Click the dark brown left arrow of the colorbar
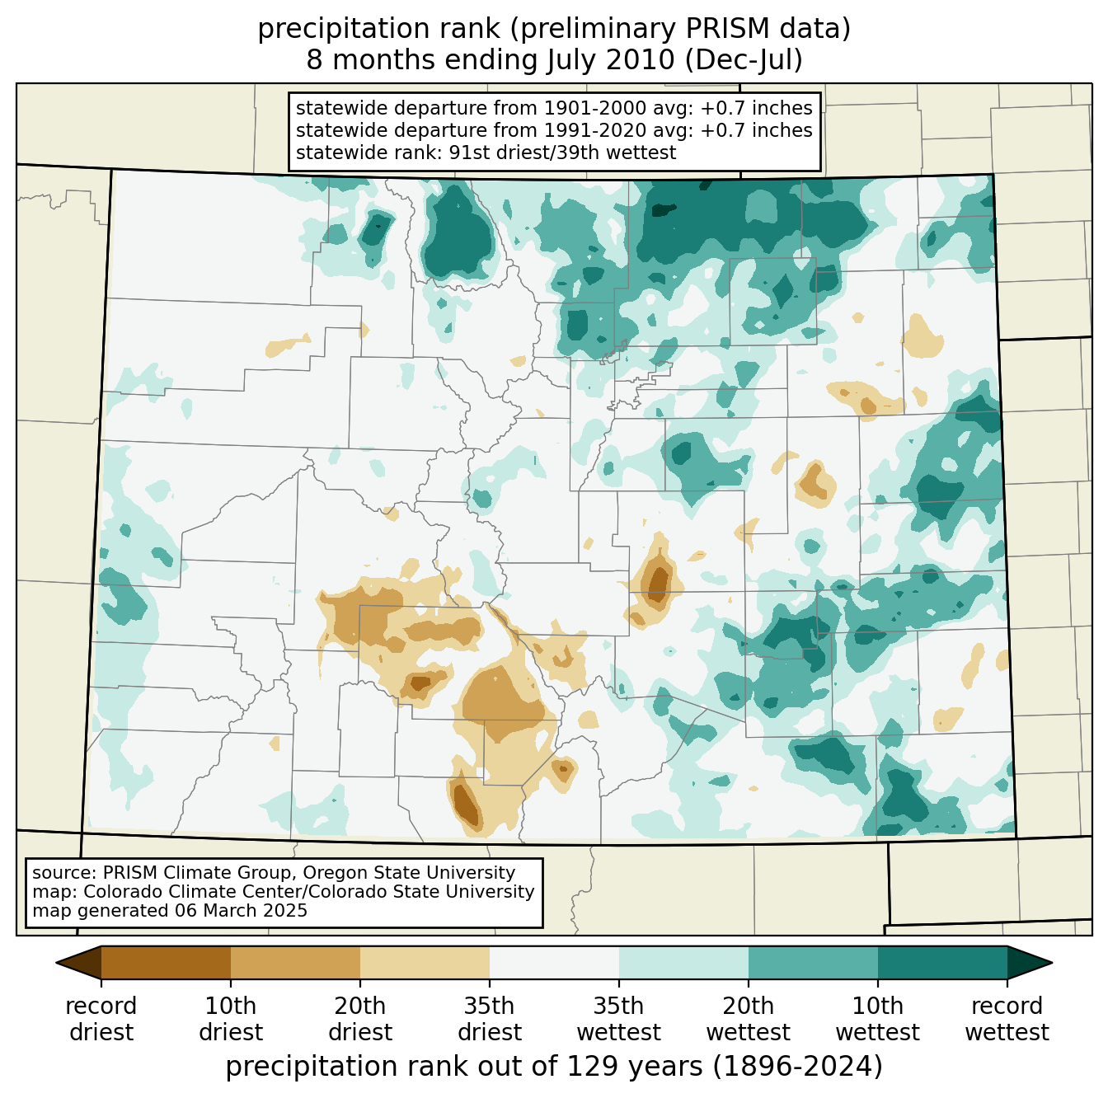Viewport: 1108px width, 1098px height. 79,962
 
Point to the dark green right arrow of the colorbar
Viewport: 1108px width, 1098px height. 1029,962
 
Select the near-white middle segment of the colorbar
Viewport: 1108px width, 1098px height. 554,962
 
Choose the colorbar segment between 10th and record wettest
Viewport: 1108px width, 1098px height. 942,962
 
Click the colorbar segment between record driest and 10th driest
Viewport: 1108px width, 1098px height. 167,962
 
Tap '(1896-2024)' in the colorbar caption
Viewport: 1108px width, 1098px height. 797,1067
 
